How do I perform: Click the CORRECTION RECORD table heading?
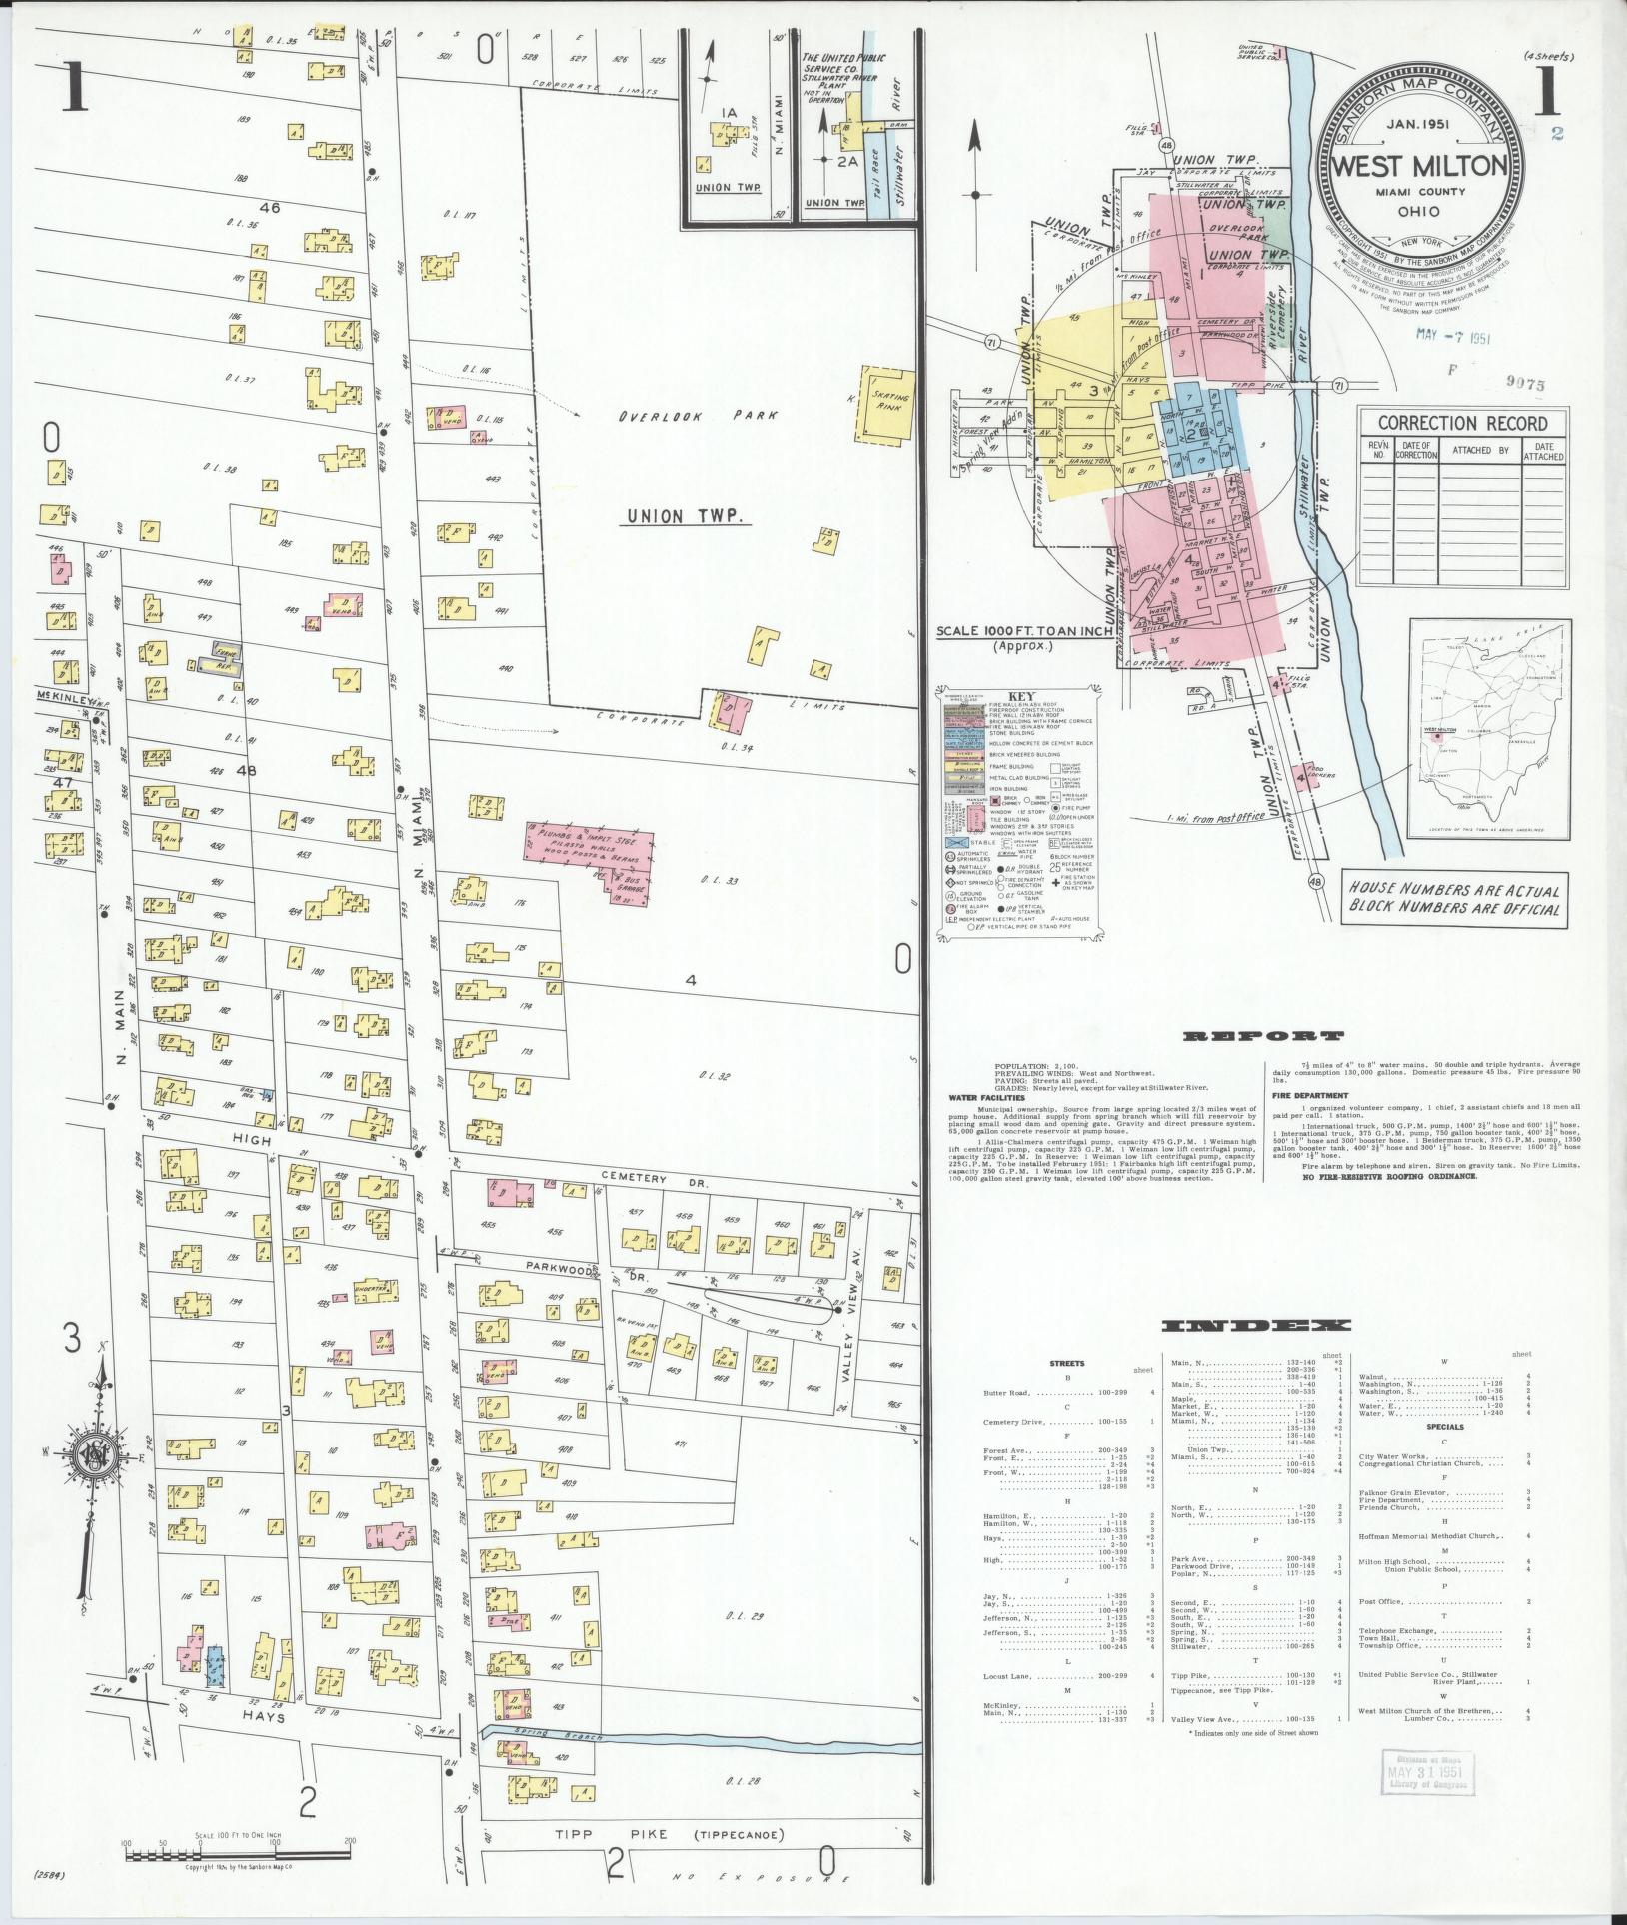tap(1461, 423)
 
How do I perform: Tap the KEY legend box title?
tap(1015, 697)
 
